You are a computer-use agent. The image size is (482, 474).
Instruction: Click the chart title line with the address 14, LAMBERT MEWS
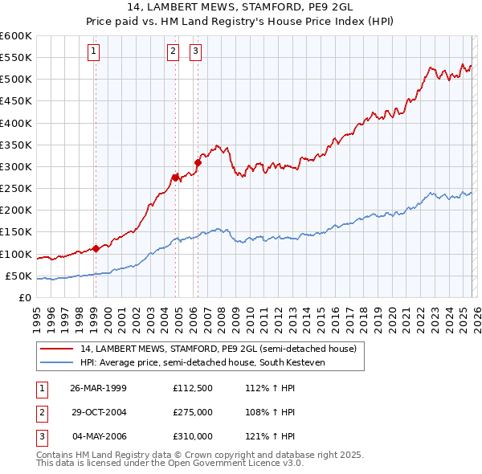point(240,7)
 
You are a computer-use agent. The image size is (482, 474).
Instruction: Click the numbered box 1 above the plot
point(94,51)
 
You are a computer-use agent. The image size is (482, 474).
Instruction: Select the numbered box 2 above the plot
point(172,51)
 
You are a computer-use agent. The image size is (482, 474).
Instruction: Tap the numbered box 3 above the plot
point(195,51)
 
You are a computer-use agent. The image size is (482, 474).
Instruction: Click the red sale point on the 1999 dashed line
point(96,248)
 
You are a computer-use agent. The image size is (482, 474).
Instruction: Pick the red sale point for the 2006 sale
point(197,162)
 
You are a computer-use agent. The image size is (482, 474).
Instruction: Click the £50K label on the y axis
point(18,276)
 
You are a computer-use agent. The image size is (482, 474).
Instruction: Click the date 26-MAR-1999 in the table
point(98,387)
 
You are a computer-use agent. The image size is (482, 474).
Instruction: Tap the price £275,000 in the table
point(192,412)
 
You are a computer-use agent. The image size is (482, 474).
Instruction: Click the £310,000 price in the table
point(192,437)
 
